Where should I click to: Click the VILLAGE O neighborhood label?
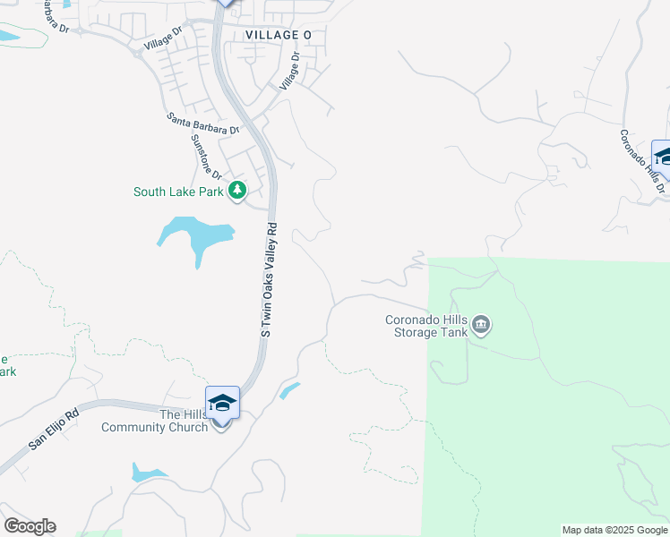(279, 35)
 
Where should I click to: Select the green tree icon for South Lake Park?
(237, 191)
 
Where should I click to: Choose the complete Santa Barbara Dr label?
(204, 124)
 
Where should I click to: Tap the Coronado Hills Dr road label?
(641, 161)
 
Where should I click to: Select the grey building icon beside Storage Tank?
(481, 324)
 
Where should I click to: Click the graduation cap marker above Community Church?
(222, 403)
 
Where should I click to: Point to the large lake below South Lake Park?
(198, 235)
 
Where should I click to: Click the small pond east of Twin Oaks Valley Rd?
(289, 390)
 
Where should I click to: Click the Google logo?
(30, 526)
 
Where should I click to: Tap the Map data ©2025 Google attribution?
(614, 530)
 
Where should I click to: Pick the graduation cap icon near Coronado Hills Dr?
(664, 158)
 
